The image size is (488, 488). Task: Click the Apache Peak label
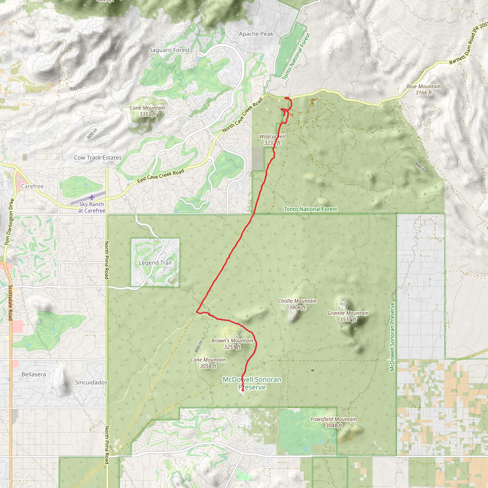[256, 34]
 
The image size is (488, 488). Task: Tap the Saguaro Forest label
[169, 50]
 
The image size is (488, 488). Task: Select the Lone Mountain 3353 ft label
[147, 111]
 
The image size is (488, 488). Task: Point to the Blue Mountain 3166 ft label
[424, 89]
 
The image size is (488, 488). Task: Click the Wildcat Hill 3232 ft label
[272, 140]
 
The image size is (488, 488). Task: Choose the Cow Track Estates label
[97, 158]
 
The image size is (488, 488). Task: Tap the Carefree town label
[32, 186]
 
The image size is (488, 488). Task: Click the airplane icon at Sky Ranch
[92, 197]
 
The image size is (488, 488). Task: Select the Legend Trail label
[155, 263]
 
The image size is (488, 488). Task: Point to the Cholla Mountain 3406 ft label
[297, 304]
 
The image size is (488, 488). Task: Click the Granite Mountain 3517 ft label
[348, 316]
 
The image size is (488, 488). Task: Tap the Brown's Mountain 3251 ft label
[232, 344]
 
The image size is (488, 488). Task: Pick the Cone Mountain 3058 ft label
[208, 363]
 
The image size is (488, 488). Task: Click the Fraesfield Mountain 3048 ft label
[334, 422]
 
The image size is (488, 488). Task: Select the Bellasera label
[34, 374]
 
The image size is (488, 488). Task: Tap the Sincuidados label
[91, 382]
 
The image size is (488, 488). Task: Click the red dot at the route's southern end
[243, 390]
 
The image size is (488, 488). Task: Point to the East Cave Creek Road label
[161, 176]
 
